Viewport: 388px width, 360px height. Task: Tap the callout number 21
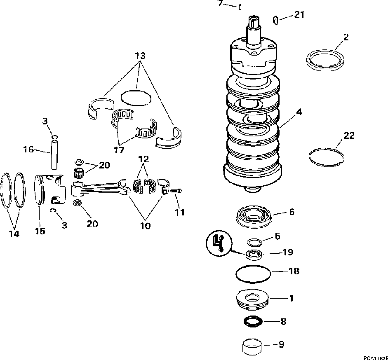pyautogui.click(x=299, y=15)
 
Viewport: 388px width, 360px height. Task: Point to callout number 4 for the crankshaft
pyautogui.click(x=299, y=112)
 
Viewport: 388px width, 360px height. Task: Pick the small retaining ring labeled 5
pyautogui.click(x=254, y=242)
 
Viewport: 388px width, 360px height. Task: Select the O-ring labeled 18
pyautogui.click(x=253, y=273)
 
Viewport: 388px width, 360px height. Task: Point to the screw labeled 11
pyautogui.click(x=176, y=191)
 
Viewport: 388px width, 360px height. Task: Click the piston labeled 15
pyautogui.click(x=51, y=189)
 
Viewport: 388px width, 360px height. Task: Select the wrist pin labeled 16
pyautogui.click(x=53, y=154)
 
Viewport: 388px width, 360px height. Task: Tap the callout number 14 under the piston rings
pyautogui.click(x=14, y=234)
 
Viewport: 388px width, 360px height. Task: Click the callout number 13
pyautogui.click(x=140, y=55)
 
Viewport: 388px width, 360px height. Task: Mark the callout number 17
pyautogui.click(x=119, y=150)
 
